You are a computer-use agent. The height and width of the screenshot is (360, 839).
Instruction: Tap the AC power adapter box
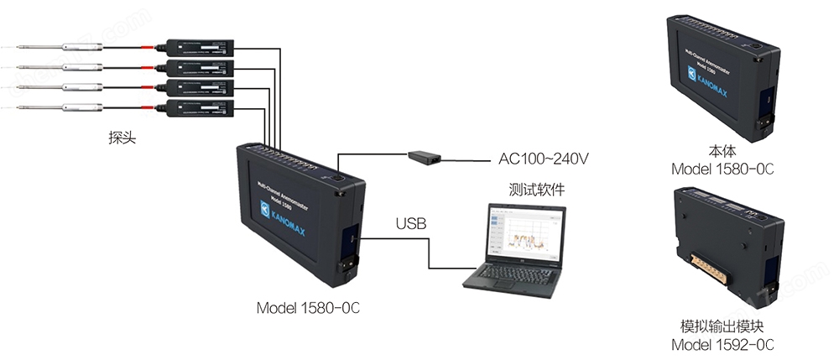tap(425, 156)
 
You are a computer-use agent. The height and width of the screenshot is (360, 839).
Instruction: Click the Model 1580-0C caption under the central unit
tap(308, 308)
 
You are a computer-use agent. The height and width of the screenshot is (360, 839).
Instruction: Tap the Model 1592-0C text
tap(722, 344)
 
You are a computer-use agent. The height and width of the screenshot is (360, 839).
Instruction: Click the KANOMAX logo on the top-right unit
tap(699, 76)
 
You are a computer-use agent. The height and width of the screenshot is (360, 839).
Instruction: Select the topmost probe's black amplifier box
tap(201, 46)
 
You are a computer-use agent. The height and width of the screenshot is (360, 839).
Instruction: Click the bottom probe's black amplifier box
tap(201, 107)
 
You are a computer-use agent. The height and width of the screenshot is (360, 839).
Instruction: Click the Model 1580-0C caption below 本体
tap(722, 170)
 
